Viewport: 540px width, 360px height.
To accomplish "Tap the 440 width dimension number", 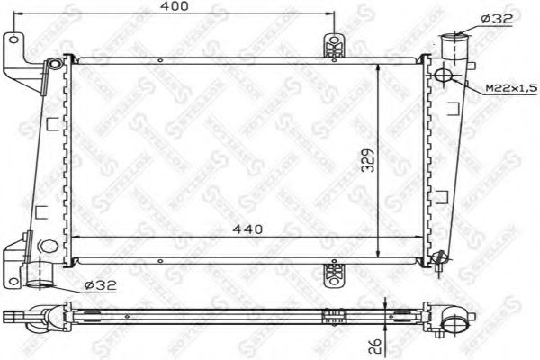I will [246, 229].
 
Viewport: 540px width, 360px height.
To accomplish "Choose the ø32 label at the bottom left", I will [101, 286].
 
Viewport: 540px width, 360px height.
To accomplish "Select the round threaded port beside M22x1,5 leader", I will [445, 74].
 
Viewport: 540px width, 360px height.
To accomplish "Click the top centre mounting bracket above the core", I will [334, 46].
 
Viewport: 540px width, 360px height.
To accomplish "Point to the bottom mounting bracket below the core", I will [334, 271].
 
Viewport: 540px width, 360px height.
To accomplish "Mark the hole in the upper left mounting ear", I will [13, 40].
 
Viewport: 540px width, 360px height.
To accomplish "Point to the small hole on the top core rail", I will [159, 60].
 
